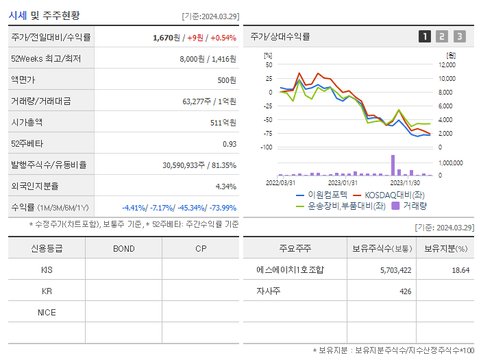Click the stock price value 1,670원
[x=166, y=37]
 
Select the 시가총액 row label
[x=27, y=123]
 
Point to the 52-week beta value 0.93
[x=229, y=144]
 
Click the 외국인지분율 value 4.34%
[x=225, y=187]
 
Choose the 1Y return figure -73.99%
[x=219, y=208]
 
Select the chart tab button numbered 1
[x=425, y=36]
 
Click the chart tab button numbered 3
[x=459, y=36]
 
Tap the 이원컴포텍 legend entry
[x=322, y=195]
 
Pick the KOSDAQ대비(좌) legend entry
[x=395, y=195]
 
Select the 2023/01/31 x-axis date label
[x=343, y=182]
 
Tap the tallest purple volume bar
[x=393, y=165]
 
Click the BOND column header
[x=124, y=248]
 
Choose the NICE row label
[x=47, y=312]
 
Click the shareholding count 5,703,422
[x=395, y=270]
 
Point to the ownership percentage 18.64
[x=460, y=270]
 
